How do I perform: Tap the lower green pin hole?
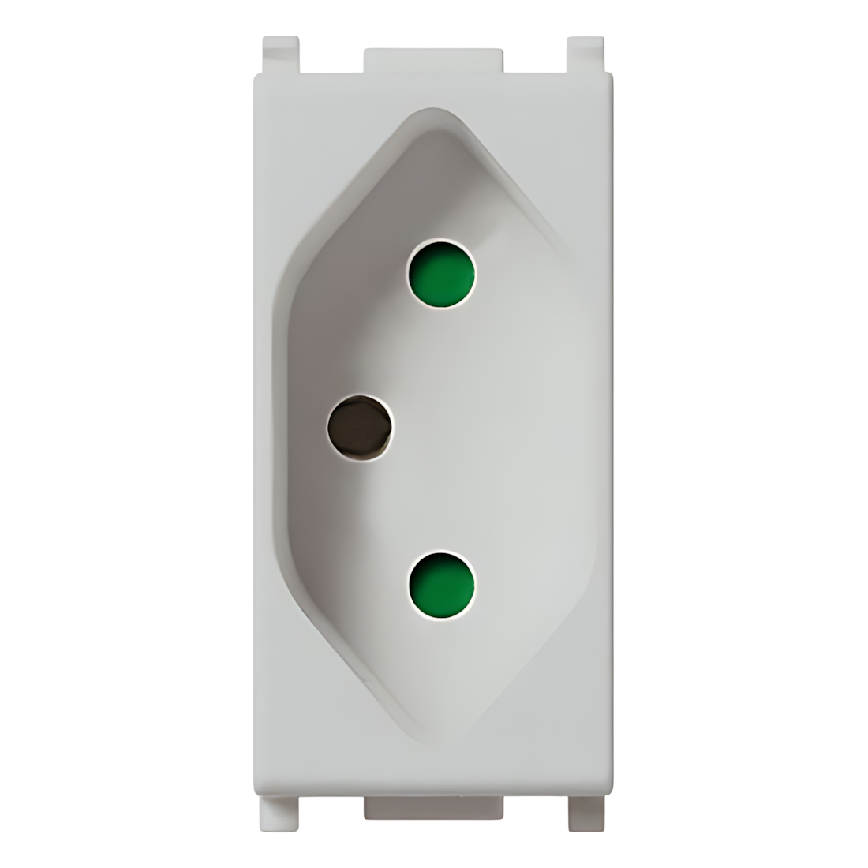click(442, 585)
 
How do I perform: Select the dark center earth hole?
click(360, 430)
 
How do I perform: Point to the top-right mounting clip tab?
click(585, 54)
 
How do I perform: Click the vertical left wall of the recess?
click(278, 434)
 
